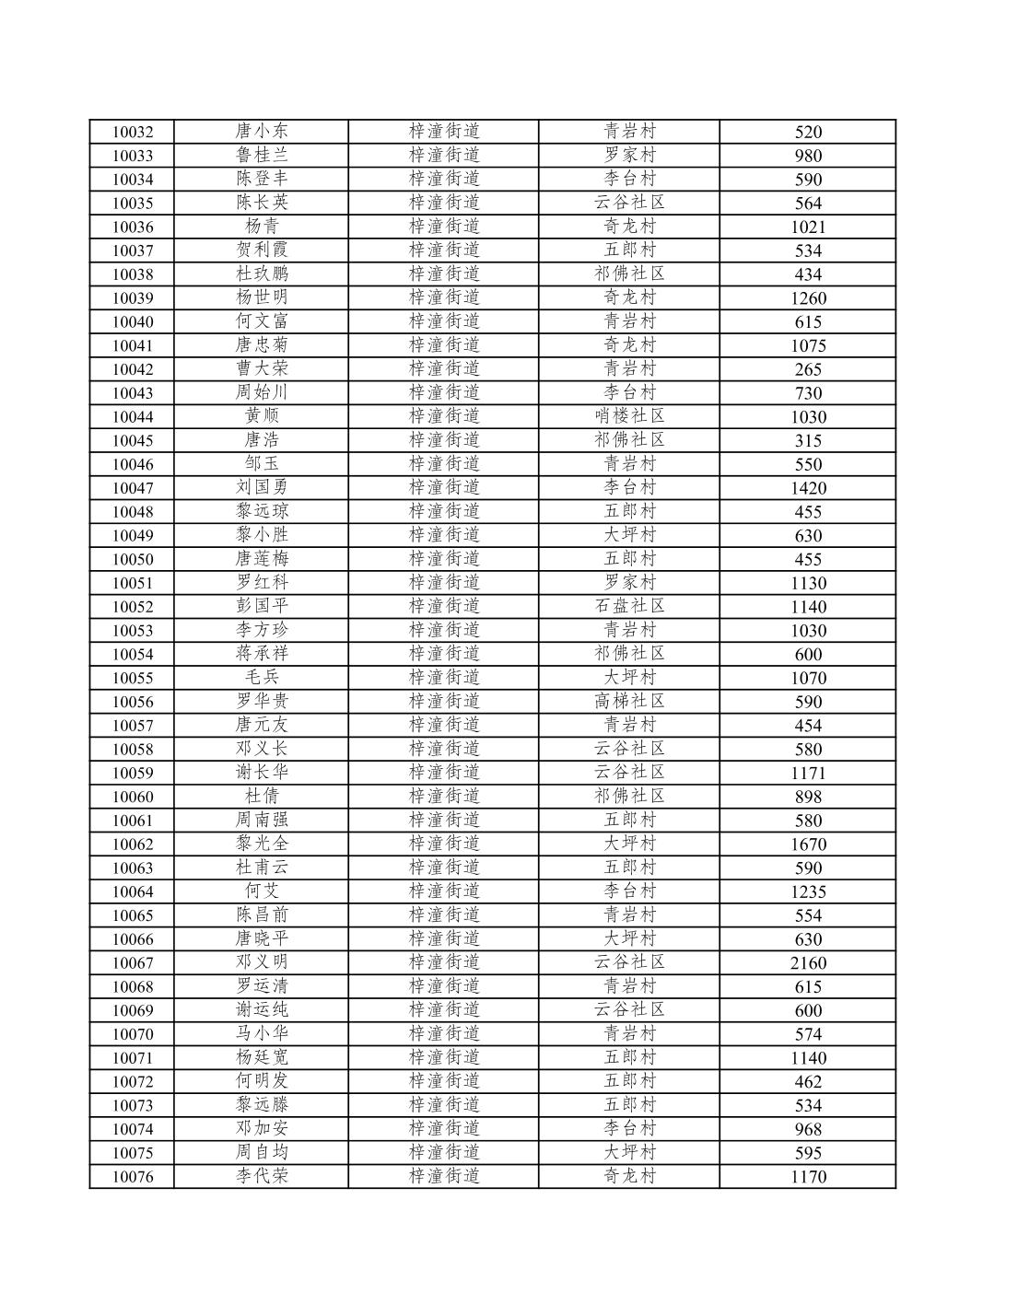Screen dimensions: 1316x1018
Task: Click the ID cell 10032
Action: (x=133, y=132)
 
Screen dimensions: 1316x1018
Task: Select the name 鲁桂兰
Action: (x=262, y=155)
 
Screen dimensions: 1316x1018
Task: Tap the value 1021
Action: (x=808, y=227)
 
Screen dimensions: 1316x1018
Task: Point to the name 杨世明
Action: (x=262, y=297)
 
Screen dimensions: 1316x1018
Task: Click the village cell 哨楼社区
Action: (x=629, y=416)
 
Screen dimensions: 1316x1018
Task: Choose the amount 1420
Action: (x=808, y=488)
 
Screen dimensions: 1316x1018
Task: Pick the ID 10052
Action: (x=133, y=607)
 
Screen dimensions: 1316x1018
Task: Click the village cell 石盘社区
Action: (x=629, y=606)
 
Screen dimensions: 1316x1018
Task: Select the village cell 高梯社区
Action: (x=629, y=701)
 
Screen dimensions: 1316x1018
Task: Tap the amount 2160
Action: (x=808, y=963)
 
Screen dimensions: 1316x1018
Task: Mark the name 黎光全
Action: (x=262, y=844)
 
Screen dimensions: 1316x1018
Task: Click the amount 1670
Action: (x=808, y=844)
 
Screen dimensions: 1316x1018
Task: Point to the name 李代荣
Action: (x=262, y=1176)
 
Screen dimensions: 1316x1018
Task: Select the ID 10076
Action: (x=133, y=1177)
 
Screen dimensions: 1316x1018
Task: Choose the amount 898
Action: (x=808, y=797)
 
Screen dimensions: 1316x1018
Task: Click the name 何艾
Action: (x=262, y=891)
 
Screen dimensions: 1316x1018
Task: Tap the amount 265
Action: (x=808, y=369)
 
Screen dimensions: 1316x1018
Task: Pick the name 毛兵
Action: (x=262, y=677)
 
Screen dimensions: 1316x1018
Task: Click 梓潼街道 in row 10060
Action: (x=444, y=796)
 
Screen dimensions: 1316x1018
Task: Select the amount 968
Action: (x=808, y=1129)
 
